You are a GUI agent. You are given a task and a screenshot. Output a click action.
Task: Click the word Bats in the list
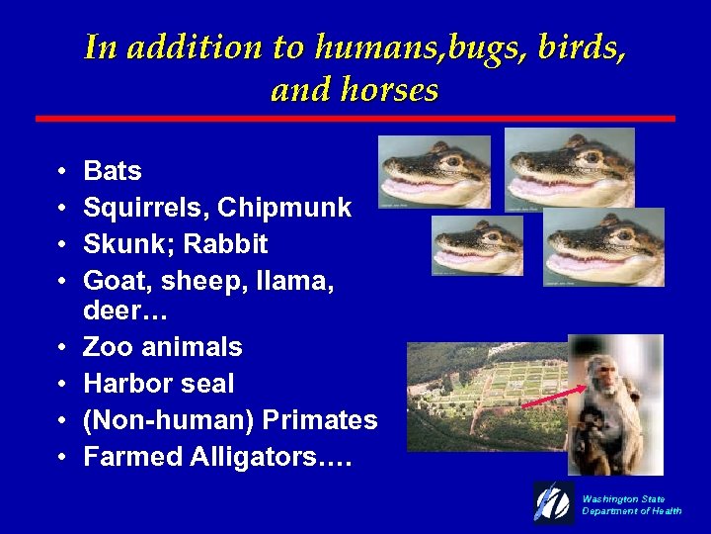pyautogui.click(x=113, y=171)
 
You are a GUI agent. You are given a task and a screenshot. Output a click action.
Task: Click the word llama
pyautogui.click(x=290, y=281)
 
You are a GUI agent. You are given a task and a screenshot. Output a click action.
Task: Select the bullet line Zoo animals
pyautogui.click(x=163, y=347)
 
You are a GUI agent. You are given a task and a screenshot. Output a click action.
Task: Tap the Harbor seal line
pyautogui.click(x=159, y=384)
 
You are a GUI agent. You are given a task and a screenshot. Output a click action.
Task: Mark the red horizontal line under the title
pyautogui.click(x=355, y=119)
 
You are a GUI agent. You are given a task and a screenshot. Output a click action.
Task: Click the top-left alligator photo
pyautogui.click(x=434, y=172)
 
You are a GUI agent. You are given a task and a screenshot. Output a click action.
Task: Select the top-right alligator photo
pyautogui.click(x=570, y=169)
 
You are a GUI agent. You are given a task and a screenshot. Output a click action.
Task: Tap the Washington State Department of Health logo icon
pyautogui.click(x=553, y=502)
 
